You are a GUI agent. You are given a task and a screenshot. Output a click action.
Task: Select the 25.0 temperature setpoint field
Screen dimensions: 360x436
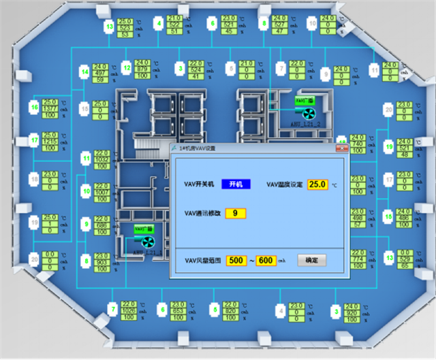317,184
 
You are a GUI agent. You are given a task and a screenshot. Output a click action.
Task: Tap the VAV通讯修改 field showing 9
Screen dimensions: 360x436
235,213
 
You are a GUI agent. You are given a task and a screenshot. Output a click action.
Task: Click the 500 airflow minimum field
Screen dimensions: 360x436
236,260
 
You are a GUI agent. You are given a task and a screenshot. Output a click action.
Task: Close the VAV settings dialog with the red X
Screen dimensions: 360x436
342,147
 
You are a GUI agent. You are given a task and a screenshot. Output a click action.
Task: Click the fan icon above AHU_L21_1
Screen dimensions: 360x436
147,241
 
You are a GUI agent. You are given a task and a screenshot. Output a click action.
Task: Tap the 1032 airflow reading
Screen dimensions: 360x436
102,159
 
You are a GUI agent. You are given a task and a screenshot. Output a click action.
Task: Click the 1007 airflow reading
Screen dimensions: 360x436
102,193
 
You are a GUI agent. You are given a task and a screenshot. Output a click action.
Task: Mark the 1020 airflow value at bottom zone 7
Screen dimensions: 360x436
129,311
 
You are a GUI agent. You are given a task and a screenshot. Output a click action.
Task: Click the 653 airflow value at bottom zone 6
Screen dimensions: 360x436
178,311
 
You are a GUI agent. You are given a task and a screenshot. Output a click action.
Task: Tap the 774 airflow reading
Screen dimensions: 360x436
358,260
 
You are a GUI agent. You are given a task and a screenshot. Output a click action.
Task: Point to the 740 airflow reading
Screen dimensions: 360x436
358,144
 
